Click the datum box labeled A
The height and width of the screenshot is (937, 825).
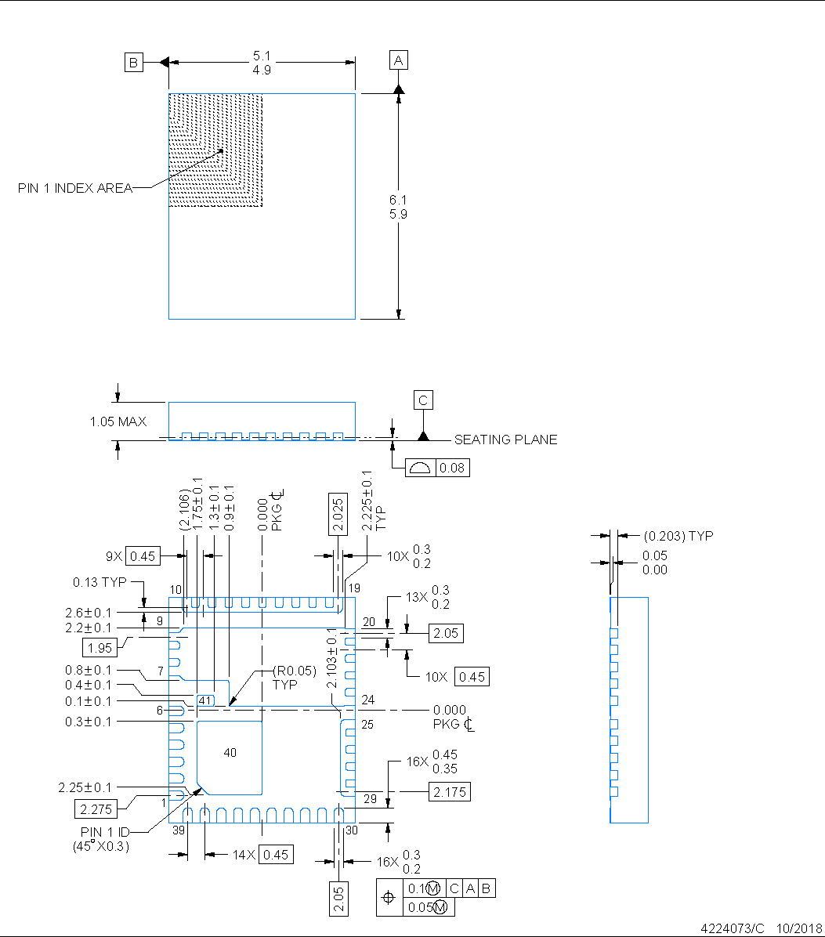coord(399,60)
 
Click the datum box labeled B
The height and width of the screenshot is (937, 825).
coord(134,63)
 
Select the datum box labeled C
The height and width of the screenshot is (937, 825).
coord(423,400)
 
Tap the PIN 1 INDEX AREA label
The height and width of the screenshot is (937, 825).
coord(75,188)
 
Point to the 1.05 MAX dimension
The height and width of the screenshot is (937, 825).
coord(118,421)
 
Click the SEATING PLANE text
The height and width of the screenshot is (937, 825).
coord(505,440)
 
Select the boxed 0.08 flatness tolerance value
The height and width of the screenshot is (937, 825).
coord(452,468)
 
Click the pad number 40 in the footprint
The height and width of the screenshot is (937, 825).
coord(230,753)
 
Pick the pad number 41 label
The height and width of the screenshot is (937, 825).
coord(205,700)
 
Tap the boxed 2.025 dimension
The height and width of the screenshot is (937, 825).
coord(337,514)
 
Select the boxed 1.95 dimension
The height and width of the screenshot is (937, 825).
coord(100,647)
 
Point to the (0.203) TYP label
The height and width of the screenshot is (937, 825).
coord(678,536)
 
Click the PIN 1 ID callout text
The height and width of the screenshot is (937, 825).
coord(104,831)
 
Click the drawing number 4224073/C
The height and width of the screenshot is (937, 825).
coord(732,928)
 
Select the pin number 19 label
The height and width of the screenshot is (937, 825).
coord(355,588)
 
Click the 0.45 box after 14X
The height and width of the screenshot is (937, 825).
coord(277,855)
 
